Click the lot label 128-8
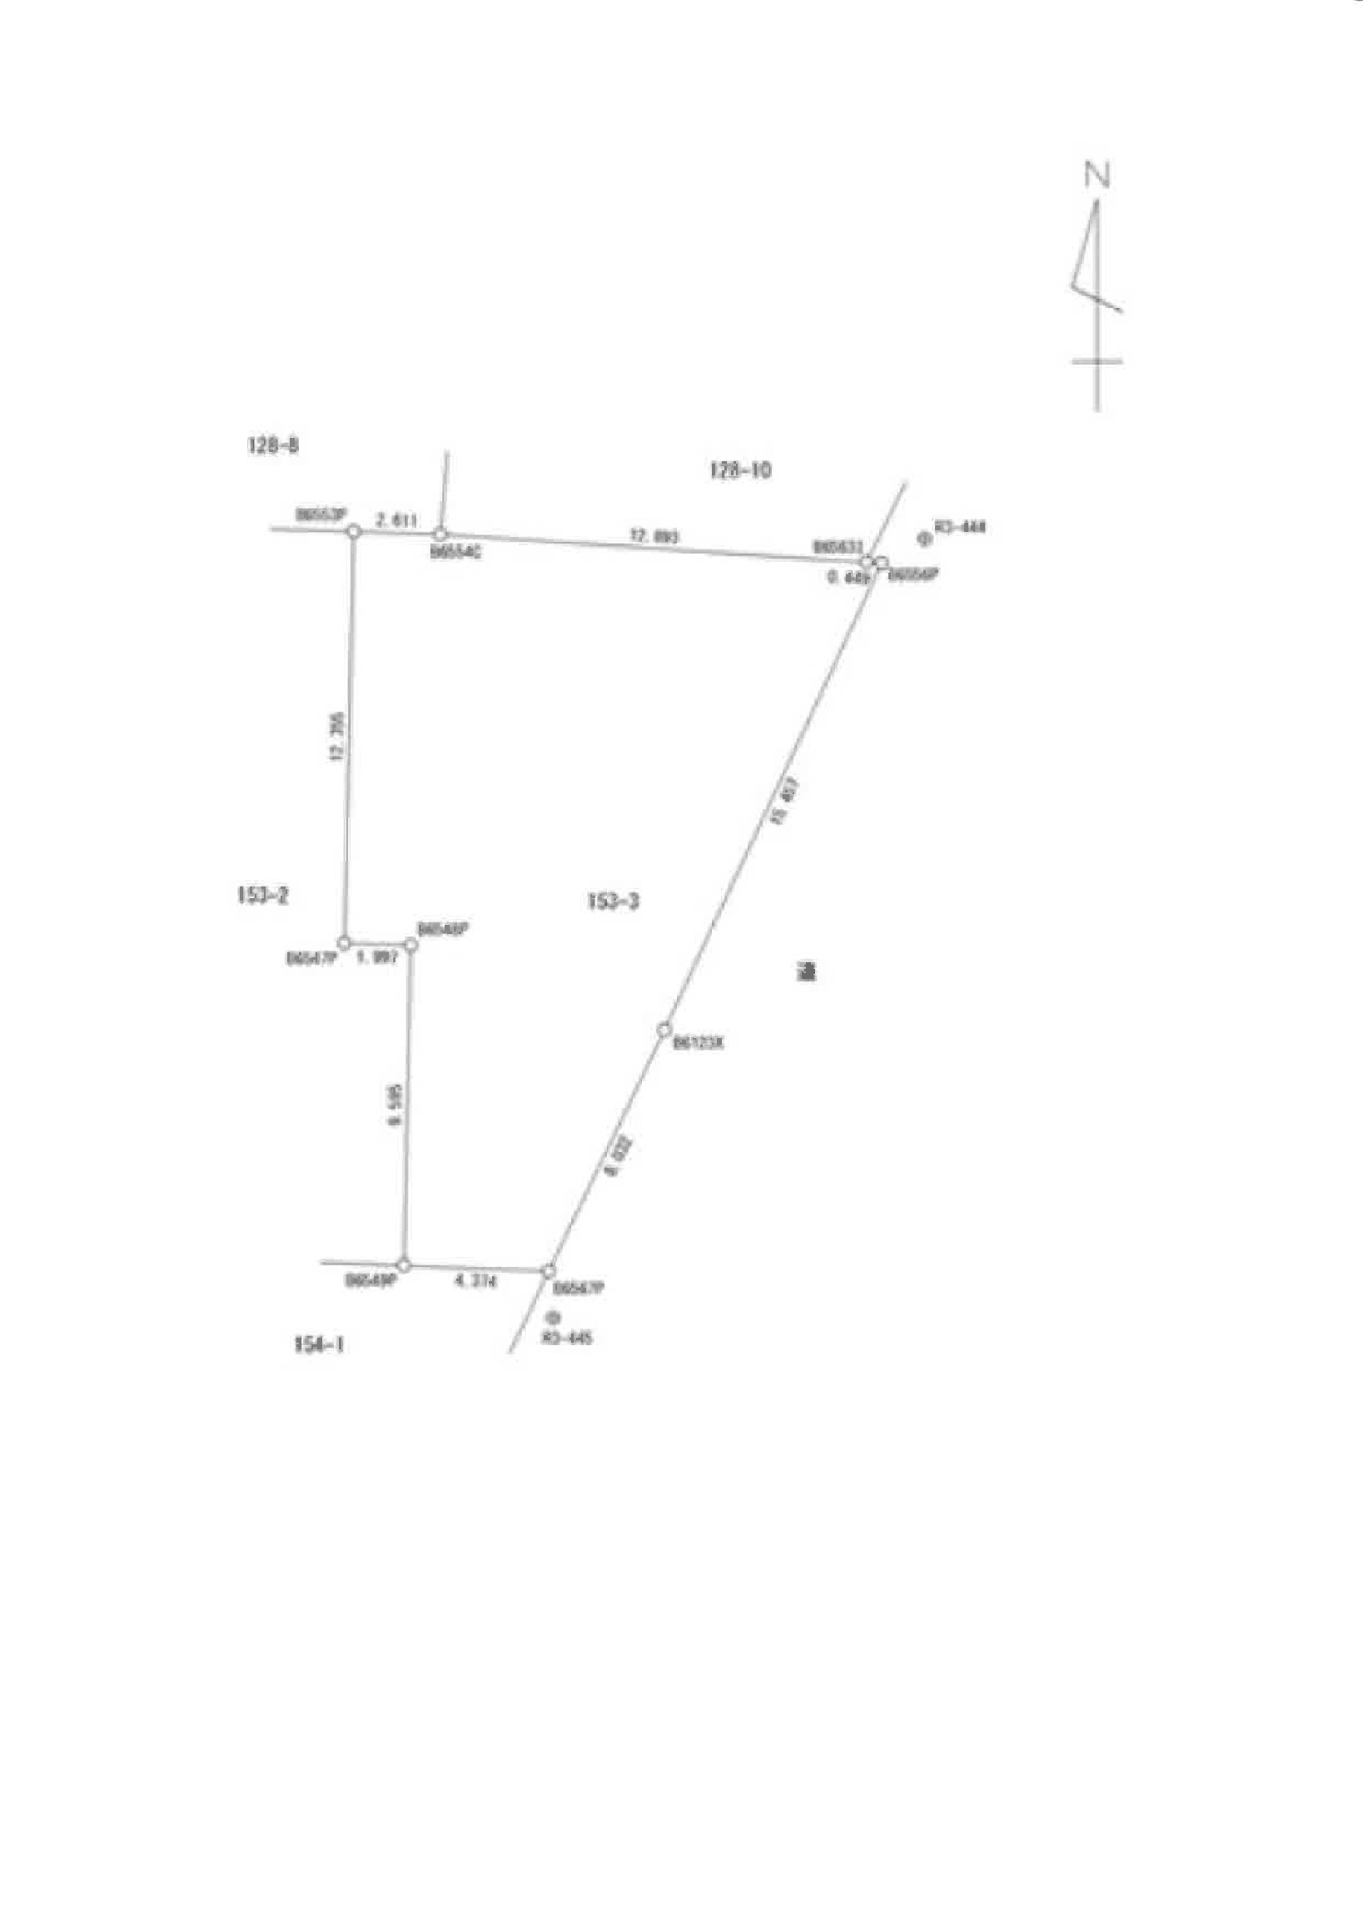click(273, 445)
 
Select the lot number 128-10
click(739, 470)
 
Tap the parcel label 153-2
click(263, 896)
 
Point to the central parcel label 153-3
click(613, 901)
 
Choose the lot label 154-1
click(319, 1344)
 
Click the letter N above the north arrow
click(1097, 175)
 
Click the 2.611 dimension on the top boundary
click(395, 520)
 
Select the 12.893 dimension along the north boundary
click(654, 535)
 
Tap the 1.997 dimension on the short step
click(377, 957)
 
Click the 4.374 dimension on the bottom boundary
click(475, 1282)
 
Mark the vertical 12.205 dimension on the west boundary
click(337, 736)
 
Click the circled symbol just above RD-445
click(552, 1319)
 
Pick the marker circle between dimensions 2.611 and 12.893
click(440, 534)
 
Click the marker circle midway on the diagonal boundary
click(664, 1029)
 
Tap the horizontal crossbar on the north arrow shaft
click(1097, 362)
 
